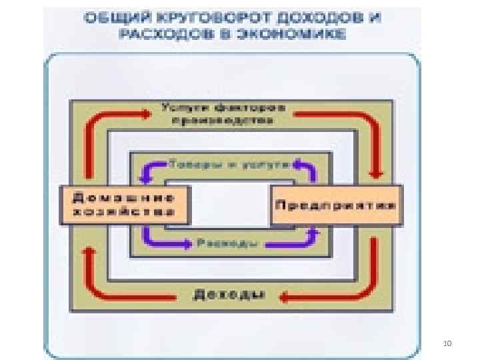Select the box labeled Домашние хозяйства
coord(125,205)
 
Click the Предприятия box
coord(336,205)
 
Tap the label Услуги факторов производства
coord(222,114)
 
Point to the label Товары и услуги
coord(227,163)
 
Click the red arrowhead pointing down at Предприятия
coord(376,173)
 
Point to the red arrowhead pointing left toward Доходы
coord(285,295)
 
